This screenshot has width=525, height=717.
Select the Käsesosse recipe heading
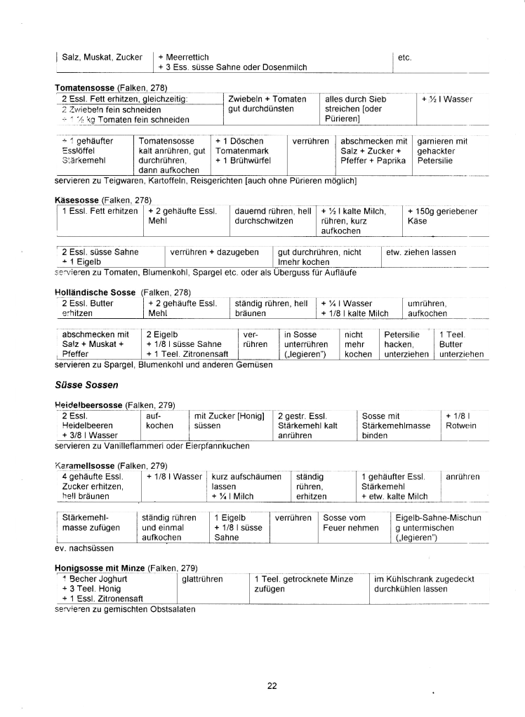coord(77,200)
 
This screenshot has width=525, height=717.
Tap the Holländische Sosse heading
coord(95,292)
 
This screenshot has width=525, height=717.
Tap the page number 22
coord(272,685)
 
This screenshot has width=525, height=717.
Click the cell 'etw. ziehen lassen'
coord(421,252)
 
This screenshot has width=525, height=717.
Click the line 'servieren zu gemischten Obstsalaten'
coord(124,609)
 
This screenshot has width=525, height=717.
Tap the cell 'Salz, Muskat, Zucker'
coord(102,57)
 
